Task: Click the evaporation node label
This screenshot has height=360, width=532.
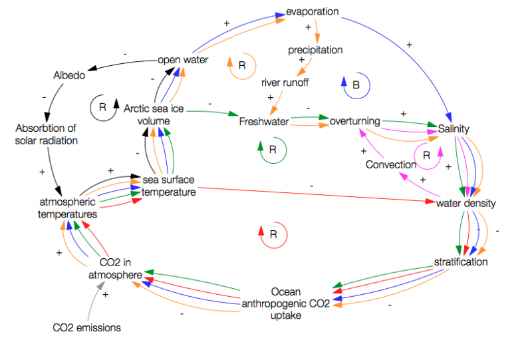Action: coord(313,12)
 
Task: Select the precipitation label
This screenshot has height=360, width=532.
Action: coord(315,50)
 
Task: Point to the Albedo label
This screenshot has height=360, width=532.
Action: coord(69,75)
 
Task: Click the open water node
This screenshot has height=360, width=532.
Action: coord(183,60)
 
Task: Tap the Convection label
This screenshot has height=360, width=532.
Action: coord(391,164)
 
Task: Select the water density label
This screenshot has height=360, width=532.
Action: coord(466,202)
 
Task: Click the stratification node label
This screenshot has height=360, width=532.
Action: coord(460,262)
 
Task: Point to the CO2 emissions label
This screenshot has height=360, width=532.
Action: coord(86,327)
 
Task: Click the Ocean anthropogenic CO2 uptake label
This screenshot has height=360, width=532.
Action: coord(285,303)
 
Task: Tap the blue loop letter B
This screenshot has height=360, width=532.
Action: coord(356,85)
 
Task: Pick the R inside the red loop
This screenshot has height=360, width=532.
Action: coord(273,234)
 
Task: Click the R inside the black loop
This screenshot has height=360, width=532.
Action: coord(102,106)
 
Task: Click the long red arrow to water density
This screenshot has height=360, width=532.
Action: coord(313,195)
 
